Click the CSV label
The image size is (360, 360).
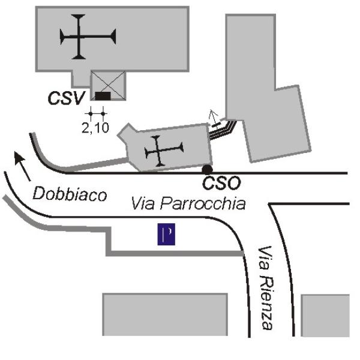coord(67,98)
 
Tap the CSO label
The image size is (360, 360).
coord(221,183)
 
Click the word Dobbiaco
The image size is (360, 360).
coord(70,194)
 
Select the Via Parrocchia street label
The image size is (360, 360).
coord(188,203)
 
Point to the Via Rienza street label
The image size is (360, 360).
coord(266,288)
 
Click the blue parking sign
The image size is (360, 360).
coord(166,234)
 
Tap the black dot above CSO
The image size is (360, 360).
coord(207,170)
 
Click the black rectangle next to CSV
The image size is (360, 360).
coord(103,96)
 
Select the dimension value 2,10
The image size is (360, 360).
coord(95,128)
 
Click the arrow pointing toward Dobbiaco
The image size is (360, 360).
coord(22,166)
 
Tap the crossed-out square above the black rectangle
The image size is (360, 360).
coord(108,85)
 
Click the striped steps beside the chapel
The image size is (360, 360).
coord(223,130)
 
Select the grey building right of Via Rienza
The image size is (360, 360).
coord(325,316)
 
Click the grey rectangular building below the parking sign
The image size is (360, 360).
coord(165,314)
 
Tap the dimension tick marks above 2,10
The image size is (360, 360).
coord(97,113)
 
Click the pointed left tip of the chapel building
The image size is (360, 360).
coord(118,135)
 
